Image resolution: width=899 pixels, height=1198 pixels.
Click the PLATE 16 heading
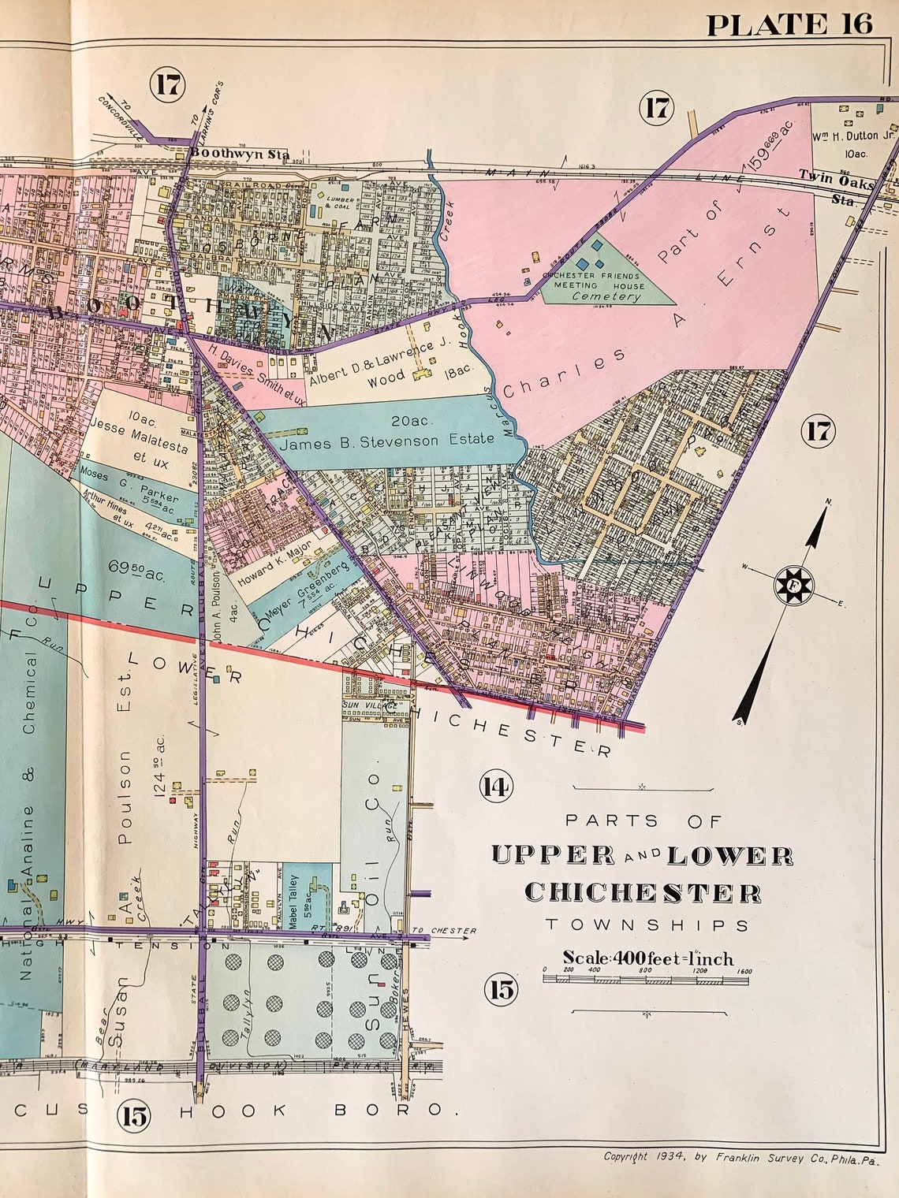click(x=789, y=24)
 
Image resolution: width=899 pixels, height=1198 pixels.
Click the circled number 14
click(x=497, y=786)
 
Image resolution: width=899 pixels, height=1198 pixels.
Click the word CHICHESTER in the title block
click(x=643, y=892)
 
